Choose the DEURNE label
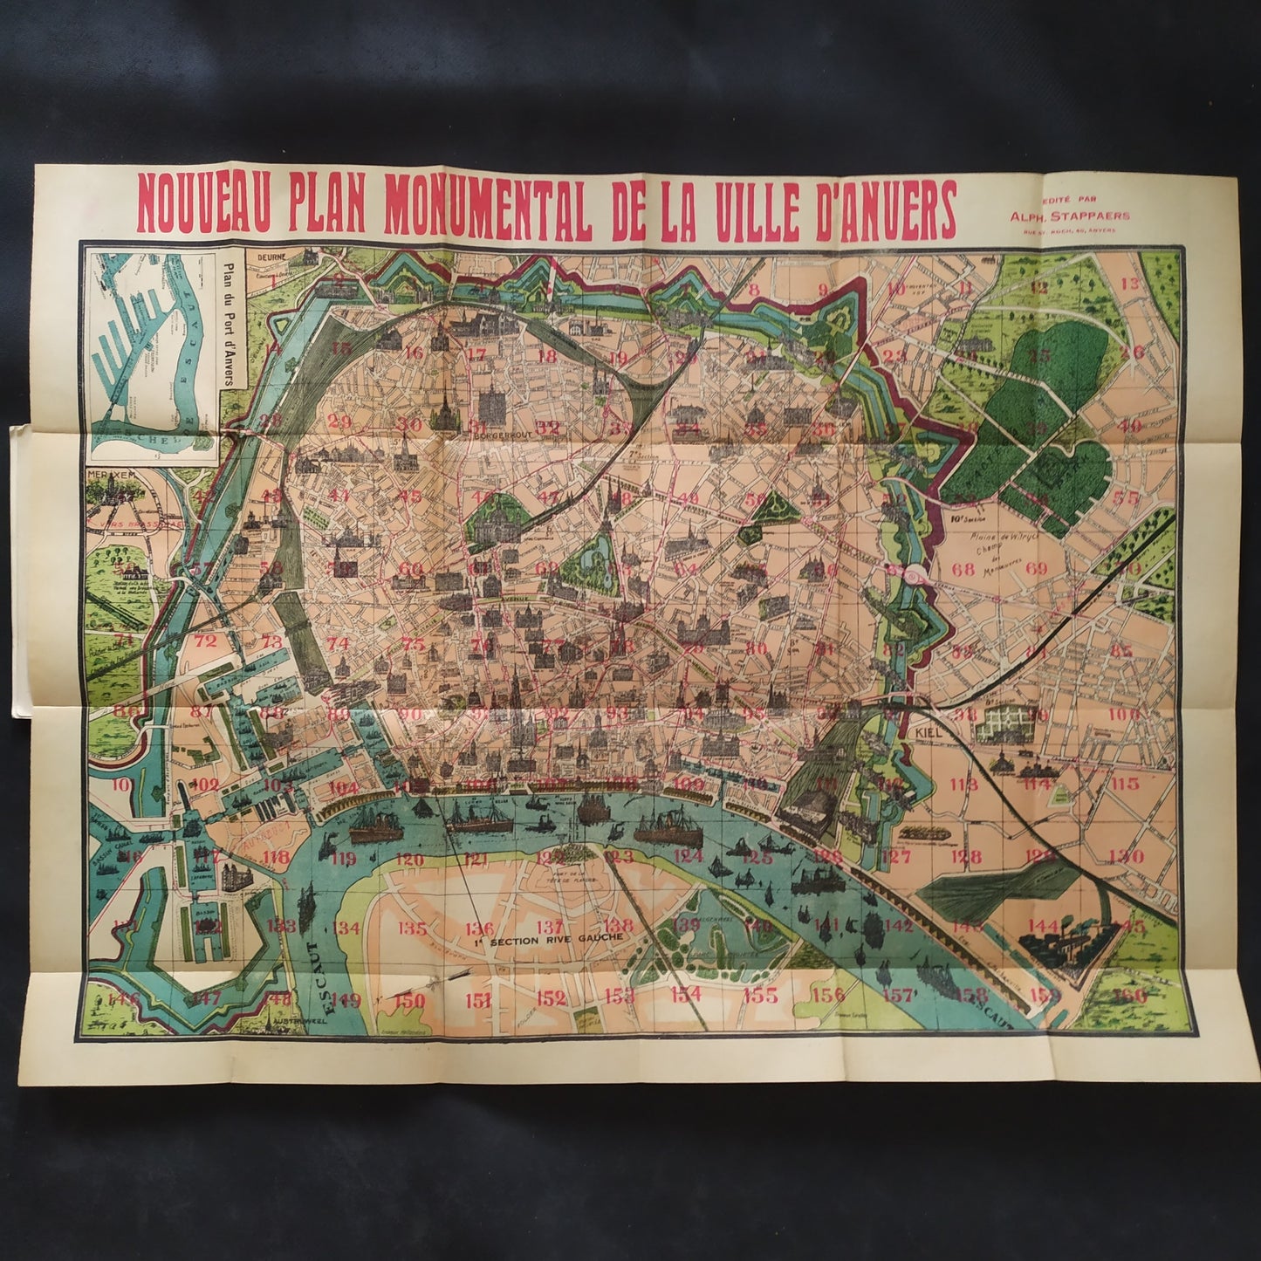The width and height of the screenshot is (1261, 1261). click(x=272, y=258)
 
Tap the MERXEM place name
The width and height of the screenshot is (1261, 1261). click(x=106, y=471)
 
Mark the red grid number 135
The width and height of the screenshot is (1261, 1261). click(x=411, y=928)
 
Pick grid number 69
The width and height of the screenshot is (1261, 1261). click(x=1036, y=569)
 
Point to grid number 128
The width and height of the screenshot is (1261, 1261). click(x=966, y=857)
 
